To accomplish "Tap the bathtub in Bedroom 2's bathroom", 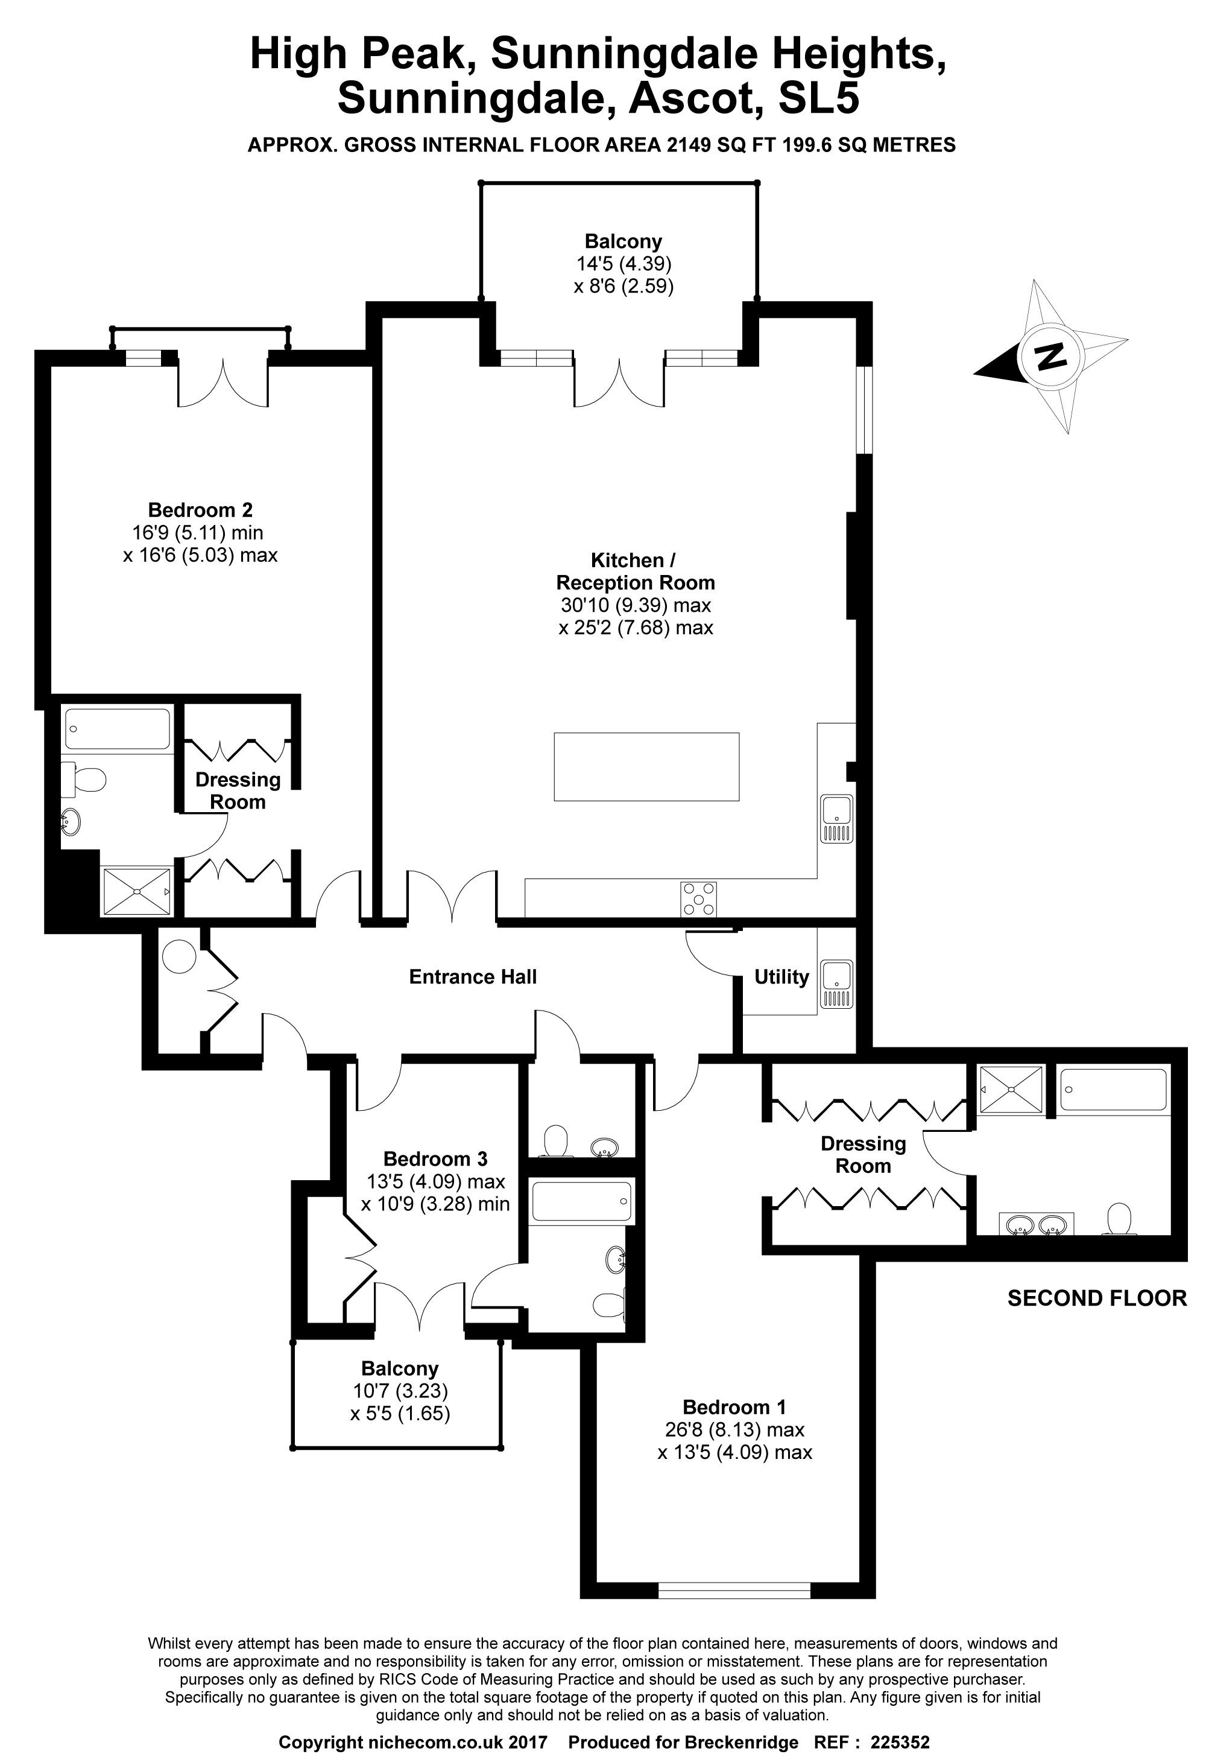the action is coord(118,728).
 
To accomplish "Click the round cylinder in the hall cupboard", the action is coord(178,958).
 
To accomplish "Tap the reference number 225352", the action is coord(900,1743).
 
